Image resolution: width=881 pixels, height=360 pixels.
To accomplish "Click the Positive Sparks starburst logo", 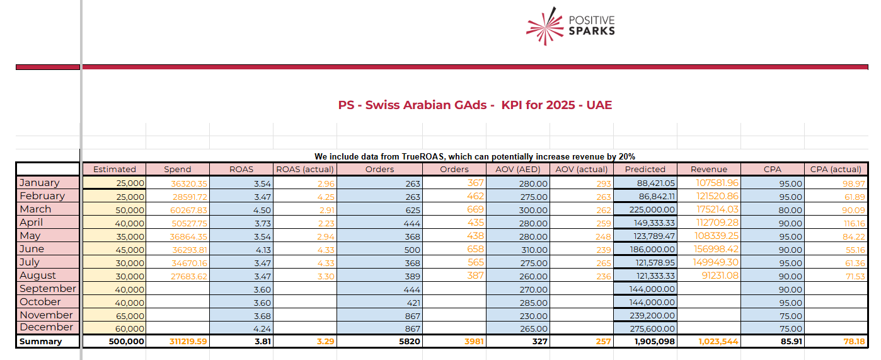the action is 544,26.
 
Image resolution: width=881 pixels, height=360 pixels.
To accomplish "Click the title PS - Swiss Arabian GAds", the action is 416,105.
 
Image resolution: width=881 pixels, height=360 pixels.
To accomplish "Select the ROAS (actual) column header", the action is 305,169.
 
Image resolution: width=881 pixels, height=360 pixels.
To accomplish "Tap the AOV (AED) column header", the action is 518,169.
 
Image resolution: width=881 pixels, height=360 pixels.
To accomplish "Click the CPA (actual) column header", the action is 836,169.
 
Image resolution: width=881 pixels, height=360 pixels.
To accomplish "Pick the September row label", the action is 48,288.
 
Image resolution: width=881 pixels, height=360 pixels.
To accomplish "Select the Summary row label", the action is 40,341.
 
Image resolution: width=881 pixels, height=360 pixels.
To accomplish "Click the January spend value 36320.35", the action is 189,183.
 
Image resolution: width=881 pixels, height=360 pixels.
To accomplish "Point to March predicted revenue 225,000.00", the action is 652,210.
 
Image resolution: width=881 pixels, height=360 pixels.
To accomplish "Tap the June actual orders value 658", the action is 476,249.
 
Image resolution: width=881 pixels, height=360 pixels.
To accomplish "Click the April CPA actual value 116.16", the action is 855,223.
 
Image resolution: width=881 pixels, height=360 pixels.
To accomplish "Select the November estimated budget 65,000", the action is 130,316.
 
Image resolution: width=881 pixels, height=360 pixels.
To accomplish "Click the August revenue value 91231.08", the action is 720,276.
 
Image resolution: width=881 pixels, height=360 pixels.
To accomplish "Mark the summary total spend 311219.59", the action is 188,342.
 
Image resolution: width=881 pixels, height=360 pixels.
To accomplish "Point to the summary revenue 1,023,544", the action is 718,342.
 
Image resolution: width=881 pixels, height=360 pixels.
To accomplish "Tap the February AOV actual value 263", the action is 604,197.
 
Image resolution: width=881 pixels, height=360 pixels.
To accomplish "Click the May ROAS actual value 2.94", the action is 326,236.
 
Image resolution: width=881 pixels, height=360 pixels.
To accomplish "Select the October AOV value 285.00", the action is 533,303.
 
